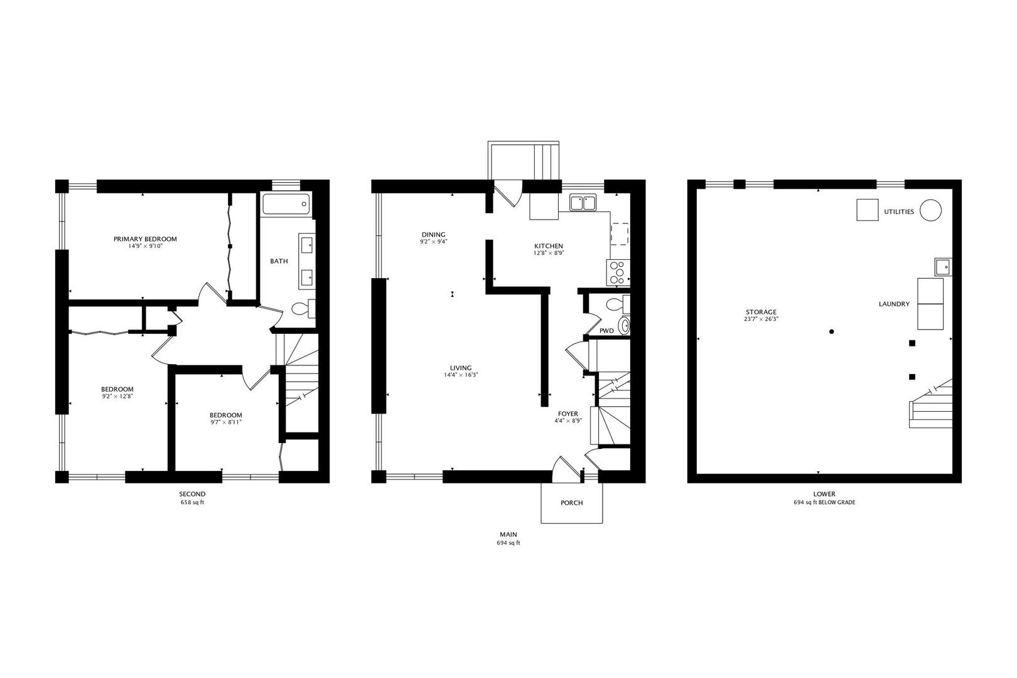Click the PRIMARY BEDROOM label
(x=145, y=239)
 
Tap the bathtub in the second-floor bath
(x=286, y=205)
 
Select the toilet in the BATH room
(x=303, y=309)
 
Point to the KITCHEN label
(x=548, y=246)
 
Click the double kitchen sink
(x=583, y=202)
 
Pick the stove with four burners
(x=618, y=272)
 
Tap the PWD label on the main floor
(x=606, y=331)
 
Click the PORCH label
(x=571, y=503)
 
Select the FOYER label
(x=568, y=414)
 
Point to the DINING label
(x=433, y=235)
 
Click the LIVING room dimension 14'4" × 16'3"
(x=461, y=375)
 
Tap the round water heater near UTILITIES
(x=930, y=210)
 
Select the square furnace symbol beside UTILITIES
(x=868, y=210)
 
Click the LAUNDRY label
(x=894, y=304)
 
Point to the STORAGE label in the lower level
(x=761, y=312)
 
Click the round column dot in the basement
(x=831, y=331)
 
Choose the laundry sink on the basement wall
(x=942, y=267)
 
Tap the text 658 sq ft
(x=192, y=503)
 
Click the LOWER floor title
(x=824, y=494)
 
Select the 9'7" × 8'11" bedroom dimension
(x=225, y=422)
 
